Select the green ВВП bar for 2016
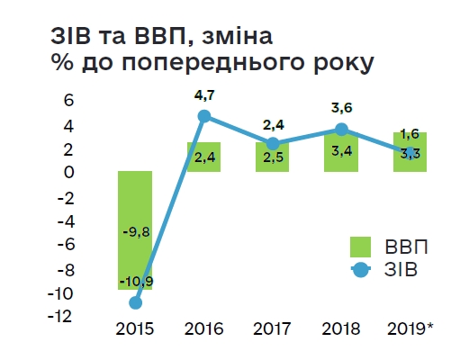[203, 157]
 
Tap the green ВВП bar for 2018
[341, 151]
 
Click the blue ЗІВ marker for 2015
[135, 302]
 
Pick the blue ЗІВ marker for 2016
[203, 115]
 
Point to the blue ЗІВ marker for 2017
[273, 143]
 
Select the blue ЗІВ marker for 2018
[341, 129]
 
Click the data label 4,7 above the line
[204, 94]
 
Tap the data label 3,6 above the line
[342, 108]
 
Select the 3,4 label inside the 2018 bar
[342, 150]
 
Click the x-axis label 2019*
[410, 328]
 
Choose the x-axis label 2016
[203, 328]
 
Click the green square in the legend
[360, 246]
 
